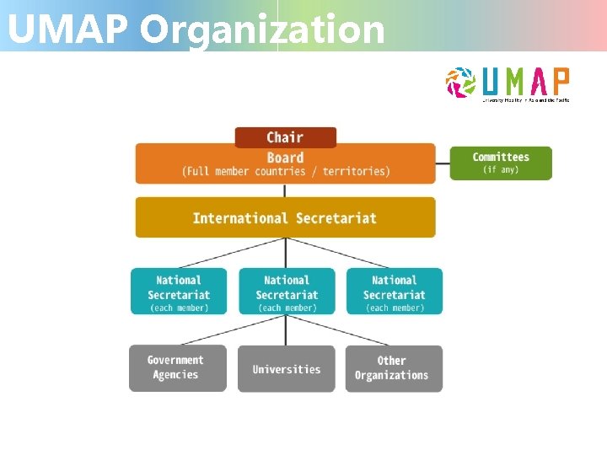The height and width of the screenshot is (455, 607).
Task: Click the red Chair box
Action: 285,137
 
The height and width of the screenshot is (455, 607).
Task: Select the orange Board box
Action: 285,164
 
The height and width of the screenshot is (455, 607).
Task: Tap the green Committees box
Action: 501,163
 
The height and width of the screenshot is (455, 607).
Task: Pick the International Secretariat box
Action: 285,217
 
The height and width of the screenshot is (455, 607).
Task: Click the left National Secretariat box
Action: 179,292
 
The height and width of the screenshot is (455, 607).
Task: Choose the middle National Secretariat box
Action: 287,292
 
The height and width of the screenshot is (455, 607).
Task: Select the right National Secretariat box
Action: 395,292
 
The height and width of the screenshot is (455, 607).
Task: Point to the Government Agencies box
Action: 177,368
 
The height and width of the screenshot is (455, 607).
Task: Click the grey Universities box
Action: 287,369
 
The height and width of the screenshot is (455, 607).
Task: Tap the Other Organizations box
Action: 393,368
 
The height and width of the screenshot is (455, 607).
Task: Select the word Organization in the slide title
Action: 262,29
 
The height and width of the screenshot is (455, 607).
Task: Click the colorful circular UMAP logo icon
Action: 460,82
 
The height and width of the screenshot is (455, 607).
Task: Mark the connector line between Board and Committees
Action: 443,163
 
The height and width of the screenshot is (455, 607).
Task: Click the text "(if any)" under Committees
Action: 501,170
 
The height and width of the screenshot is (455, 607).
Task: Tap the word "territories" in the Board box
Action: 355,172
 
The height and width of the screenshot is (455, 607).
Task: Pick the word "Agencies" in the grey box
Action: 176,376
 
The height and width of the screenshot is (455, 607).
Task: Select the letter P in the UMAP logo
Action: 560,82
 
